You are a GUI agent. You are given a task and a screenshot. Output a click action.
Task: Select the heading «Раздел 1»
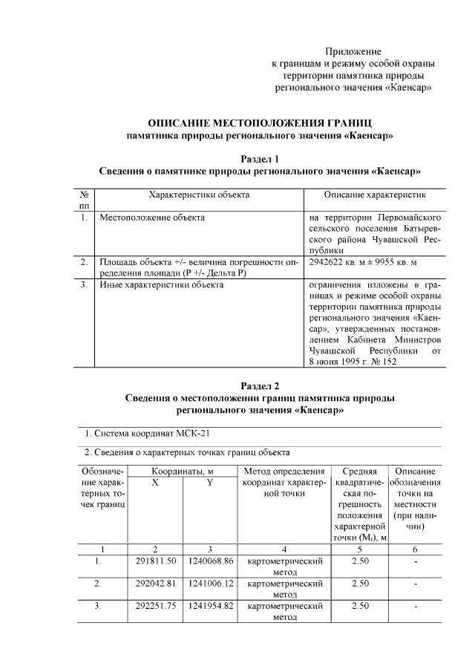[x=260, y=159]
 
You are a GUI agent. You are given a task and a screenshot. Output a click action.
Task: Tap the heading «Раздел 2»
[x=260, y=385]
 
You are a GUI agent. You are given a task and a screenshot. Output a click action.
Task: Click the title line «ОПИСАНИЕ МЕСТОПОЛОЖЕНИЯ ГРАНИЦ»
[x=260, y=122]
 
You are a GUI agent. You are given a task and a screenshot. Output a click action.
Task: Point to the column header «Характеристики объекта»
[x=199, y=195]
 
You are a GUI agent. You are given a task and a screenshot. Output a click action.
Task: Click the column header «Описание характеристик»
[x=374, y=195]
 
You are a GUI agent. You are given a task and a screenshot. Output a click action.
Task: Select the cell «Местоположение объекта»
[x=152, y=218]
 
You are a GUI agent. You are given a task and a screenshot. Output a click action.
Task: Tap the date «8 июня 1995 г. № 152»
[x=353, y=361]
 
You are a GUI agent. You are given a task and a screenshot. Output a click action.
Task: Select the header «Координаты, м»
[x=183, y=471]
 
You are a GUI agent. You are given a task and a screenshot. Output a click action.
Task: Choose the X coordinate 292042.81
[x=156, y=584]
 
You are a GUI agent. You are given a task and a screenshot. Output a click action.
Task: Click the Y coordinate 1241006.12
[x=211, y=584]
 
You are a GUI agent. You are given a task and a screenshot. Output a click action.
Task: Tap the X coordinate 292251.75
[x=156, y=606]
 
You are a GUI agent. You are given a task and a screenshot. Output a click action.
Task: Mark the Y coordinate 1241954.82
[x=211, y=606]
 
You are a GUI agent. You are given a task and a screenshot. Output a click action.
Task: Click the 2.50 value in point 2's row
[x=360, y=584]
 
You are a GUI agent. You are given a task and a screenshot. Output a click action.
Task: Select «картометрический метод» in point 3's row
[x=285, y=611]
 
